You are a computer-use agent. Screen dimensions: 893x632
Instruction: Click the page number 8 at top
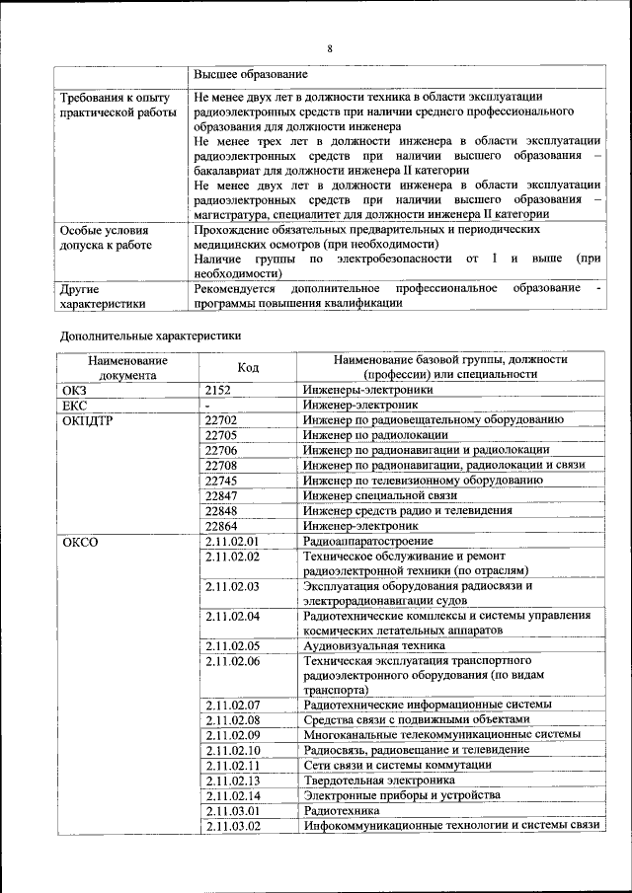[330, 48]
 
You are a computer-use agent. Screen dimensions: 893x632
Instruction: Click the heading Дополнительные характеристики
[151, 335]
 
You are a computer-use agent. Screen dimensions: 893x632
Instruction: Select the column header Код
[248, 367]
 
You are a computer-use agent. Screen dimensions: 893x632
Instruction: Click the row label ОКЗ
[74, 390]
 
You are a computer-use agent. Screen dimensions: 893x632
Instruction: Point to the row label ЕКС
[74, 405]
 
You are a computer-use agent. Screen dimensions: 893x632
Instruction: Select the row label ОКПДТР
[84, 419]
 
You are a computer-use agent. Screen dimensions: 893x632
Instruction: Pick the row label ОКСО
[79, 542]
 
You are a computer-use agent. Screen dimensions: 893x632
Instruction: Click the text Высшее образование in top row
[251, 74]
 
